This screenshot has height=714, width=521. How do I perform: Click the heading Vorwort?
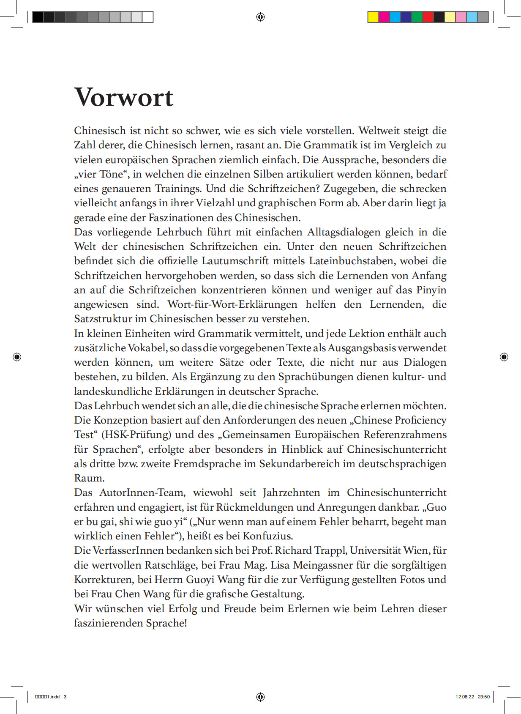124,98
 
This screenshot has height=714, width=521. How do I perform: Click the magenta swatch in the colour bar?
384,17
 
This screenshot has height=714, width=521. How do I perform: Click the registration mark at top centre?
260,17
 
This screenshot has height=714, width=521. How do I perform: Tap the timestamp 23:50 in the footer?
484,697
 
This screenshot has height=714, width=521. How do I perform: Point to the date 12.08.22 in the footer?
465,697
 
